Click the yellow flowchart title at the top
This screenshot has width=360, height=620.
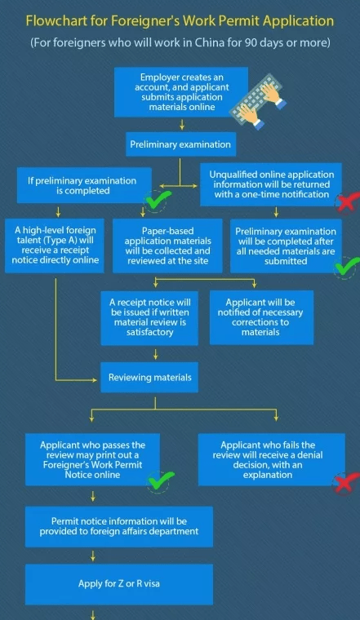point(180,20)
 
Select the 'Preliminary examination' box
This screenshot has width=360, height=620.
point(180,144)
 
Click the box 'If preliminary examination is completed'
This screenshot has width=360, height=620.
point(84,185)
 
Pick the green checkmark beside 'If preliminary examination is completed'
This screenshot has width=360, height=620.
point(158,200)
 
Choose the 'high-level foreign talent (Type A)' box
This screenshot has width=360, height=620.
point(55,246)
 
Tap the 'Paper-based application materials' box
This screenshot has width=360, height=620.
point(167,246)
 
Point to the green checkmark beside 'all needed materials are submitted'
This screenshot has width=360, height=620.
point(346,267)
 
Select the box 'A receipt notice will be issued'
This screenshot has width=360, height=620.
point(149,317)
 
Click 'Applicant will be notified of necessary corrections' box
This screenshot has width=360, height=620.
point(261,317)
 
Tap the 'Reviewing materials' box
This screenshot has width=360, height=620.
point(149,378)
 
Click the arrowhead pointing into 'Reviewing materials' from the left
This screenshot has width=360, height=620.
point(95,380)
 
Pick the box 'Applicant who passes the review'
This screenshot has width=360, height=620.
point(92,460)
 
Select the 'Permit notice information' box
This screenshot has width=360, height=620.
point(119,527)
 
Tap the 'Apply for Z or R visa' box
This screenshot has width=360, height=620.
point(119,584)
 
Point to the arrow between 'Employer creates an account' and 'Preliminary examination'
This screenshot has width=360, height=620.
point(182,125)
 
